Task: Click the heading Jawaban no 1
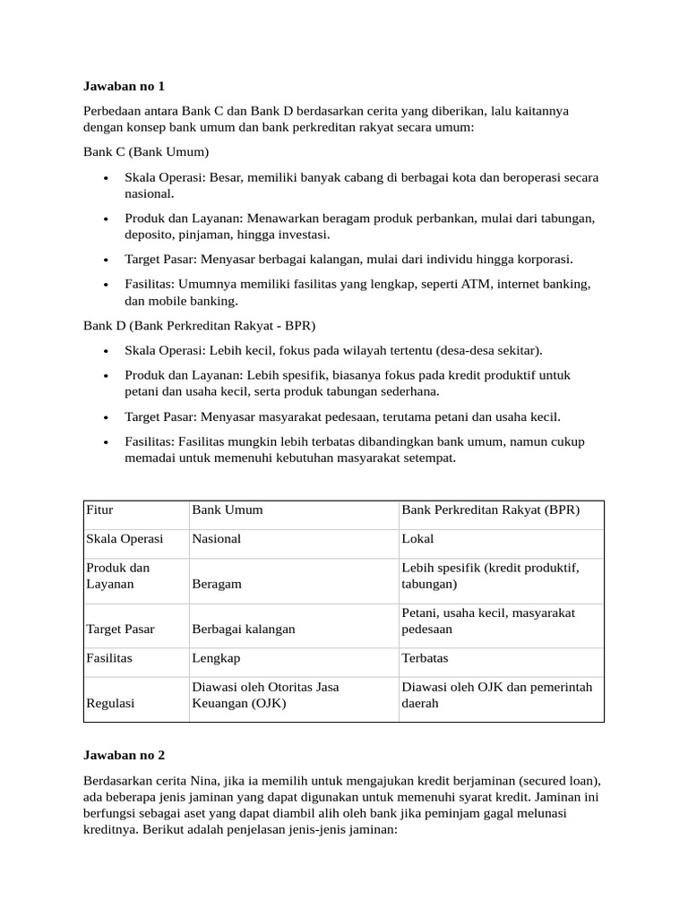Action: click(x=125, y=87)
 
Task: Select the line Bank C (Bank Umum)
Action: click(x=146, y=151)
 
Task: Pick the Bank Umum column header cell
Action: click(x=228, y=510)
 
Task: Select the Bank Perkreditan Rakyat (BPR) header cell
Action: click(x=491, y=510)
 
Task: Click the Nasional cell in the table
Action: click(x=217, y=540)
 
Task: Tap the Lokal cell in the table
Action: click(x=418, y=540)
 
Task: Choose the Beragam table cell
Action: click(x=217, y=584)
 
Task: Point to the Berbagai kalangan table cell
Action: click(x=244, y=630)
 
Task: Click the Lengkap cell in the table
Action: click(x=216, y=658)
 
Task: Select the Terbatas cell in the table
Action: click(x=426, y=658)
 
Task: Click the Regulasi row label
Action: click(x=110, y=704)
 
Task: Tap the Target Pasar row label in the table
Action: click(x=120, y=630)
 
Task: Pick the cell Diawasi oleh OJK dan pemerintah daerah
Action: click(x=497, y=696)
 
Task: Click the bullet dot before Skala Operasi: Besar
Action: click(x=107, y=178)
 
